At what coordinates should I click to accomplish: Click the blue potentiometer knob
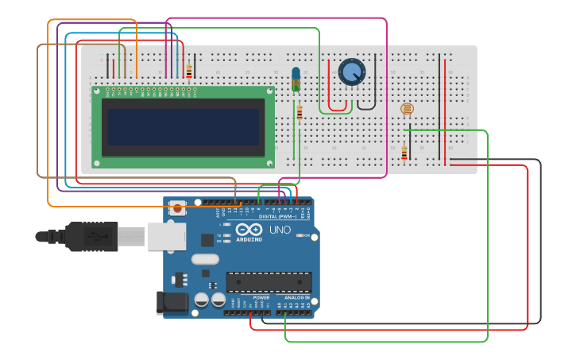[352, 72]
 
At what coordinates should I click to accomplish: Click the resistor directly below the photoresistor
[404, 152]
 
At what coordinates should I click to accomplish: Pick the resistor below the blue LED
[299, 113]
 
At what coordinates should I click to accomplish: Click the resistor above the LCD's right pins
[189, 71]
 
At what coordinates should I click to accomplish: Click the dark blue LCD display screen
[184, 127]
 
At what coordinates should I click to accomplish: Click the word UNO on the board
[280, 230]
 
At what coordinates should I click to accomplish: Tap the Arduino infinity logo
[249, 230]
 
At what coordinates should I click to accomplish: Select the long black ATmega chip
[269, 282]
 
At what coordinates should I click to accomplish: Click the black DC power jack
[171, 302]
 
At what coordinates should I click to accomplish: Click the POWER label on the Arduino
[261, 297]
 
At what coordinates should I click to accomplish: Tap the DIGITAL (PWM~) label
[278, 216]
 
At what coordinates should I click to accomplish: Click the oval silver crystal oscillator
[205, 259]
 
